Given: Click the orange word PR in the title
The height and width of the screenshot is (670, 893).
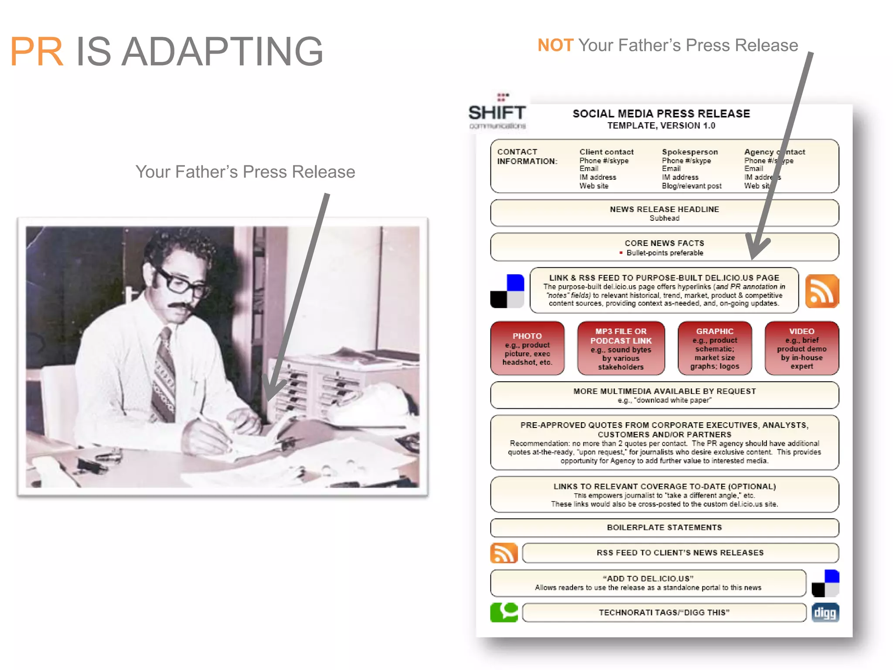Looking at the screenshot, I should pos(37,52).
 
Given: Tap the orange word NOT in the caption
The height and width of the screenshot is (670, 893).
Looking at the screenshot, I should pos(555,45).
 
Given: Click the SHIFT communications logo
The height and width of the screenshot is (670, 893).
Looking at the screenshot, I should pos(497,113).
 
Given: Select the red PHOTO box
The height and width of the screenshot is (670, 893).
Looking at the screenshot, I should pos(527,349).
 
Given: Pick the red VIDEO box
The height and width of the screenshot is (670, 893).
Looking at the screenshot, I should pos(801,349).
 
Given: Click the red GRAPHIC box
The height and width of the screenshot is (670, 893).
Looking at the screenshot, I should pos(715,349).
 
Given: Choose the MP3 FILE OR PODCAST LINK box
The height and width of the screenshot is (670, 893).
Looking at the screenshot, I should pos(621,349).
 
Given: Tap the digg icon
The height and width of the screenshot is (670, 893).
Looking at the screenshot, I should pos(825,612).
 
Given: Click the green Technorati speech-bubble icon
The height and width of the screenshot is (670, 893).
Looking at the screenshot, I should pos(504,612).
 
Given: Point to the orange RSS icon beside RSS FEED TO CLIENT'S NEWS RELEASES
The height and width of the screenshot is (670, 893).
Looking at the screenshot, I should pos(504,553).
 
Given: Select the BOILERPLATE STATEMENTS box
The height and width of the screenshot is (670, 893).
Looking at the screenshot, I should pos(664,528).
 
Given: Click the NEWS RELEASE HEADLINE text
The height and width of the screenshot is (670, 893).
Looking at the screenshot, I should pos(664,209).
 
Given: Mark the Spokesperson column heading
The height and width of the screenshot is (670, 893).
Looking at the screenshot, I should pos(689,152).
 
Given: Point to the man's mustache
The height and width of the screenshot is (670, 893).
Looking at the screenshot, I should pos(180,306).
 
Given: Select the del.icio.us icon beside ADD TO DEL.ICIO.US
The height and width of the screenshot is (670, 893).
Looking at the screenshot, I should pos(825,583).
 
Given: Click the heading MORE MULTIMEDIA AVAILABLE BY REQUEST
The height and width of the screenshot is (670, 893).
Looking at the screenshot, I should pos(664,391).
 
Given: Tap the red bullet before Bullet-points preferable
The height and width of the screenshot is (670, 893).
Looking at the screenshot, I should pos(620,253).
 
